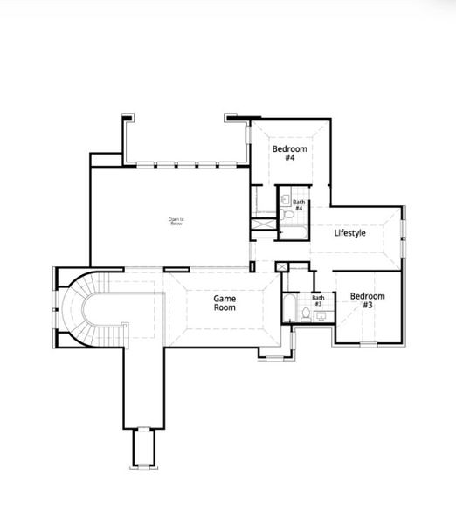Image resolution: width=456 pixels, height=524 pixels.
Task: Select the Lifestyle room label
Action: [x=350, y=233]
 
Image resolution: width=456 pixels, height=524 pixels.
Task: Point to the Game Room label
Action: [x=225, y=303]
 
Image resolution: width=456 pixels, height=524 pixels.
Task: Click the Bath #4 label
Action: [x=299, y=205]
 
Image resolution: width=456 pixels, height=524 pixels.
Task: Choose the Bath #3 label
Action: [x=318, y=301]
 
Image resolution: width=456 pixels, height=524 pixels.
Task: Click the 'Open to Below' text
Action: [x=176, y=221]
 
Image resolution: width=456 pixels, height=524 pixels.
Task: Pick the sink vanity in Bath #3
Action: [x=320, y=316]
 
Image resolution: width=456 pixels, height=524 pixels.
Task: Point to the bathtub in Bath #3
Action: [x=288, y=308]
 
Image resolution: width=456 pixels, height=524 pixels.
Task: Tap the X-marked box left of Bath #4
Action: [x=263, y=223]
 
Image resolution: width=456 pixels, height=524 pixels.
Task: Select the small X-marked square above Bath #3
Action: [x=281, y=266]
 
